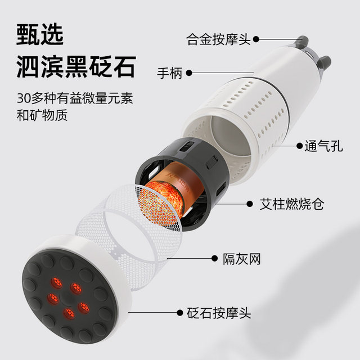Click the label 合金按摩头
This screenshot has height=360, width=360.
click(x=219, y=39)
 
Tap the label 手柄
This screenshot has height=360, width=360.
click(x=170, y=73)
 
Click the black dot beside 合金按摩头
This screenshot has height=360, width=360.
click(x=256, y=39)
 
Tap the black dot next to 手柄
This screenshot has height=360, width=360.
click(x=190, y=73)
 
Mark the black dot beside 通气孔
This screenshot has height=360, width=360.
click(x=299, y=146)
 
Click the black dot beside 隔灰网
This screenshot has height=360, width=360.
click(x=215, y=259)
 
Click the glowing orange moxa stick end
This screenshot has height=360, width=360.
click(x=166, y=200)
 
